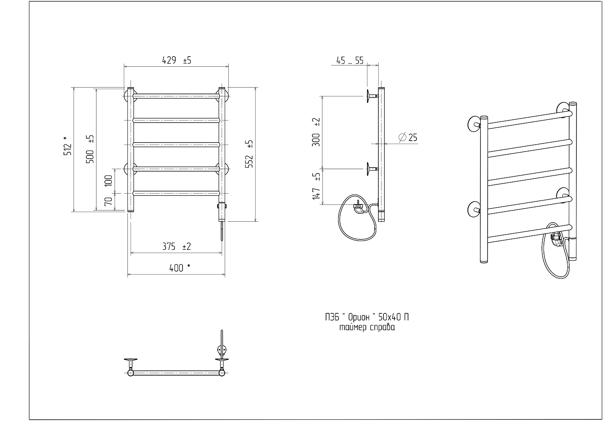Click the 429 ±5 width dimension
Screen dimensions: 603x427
(176, 60)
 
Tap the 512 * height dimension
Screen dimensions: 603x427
(68, 146)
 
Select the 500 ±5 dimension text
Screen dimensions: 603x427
(90, 149)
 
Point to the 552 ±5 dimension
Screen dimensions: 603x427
(249, 154)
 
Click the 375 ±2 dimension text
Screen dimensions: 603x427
(176, 247)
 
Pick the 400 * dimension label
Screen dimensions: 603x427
(180, 268)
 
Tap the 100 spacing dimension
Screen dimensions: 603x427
(108, 180)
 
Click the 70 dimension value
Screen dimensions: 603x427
(108, 201)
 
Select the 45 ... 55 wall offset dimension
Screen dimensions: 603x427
(350, 61)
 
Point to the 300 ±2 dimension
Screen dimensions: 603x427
(316, 132)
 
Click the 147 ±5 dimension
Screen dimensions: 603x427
(316, 186)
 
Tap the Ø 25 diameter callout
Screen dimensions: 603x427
(408, 137)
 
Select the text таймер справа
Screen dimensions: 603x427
(367, 327)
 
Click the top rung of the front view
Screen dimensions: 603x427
(176, 96)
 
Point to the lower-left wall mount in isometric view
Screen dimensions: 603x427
(474, 209)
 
